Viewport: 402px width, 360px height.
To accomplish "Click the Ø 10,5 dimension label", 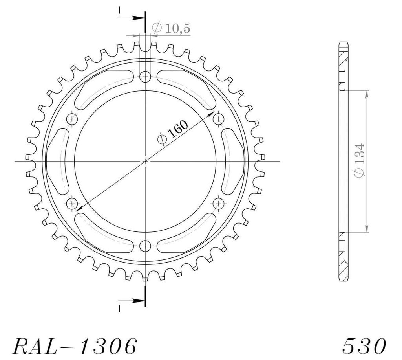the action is (171, 28).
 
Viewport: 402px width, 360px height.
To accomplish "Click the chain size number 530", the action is (364, 346).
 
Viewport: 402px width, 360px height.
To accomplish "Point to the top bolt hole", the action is (145, 76).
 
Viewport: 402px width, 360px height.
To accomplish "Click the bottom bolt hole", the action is (145, 246).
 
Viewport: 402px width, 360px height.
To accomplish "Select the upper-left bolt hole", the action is (72, 119).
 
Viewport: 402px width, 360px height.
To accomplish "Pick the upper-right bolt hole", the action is (219, 119).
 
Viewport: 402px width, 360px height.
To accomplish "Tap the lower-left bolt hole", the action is (72, 204).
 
